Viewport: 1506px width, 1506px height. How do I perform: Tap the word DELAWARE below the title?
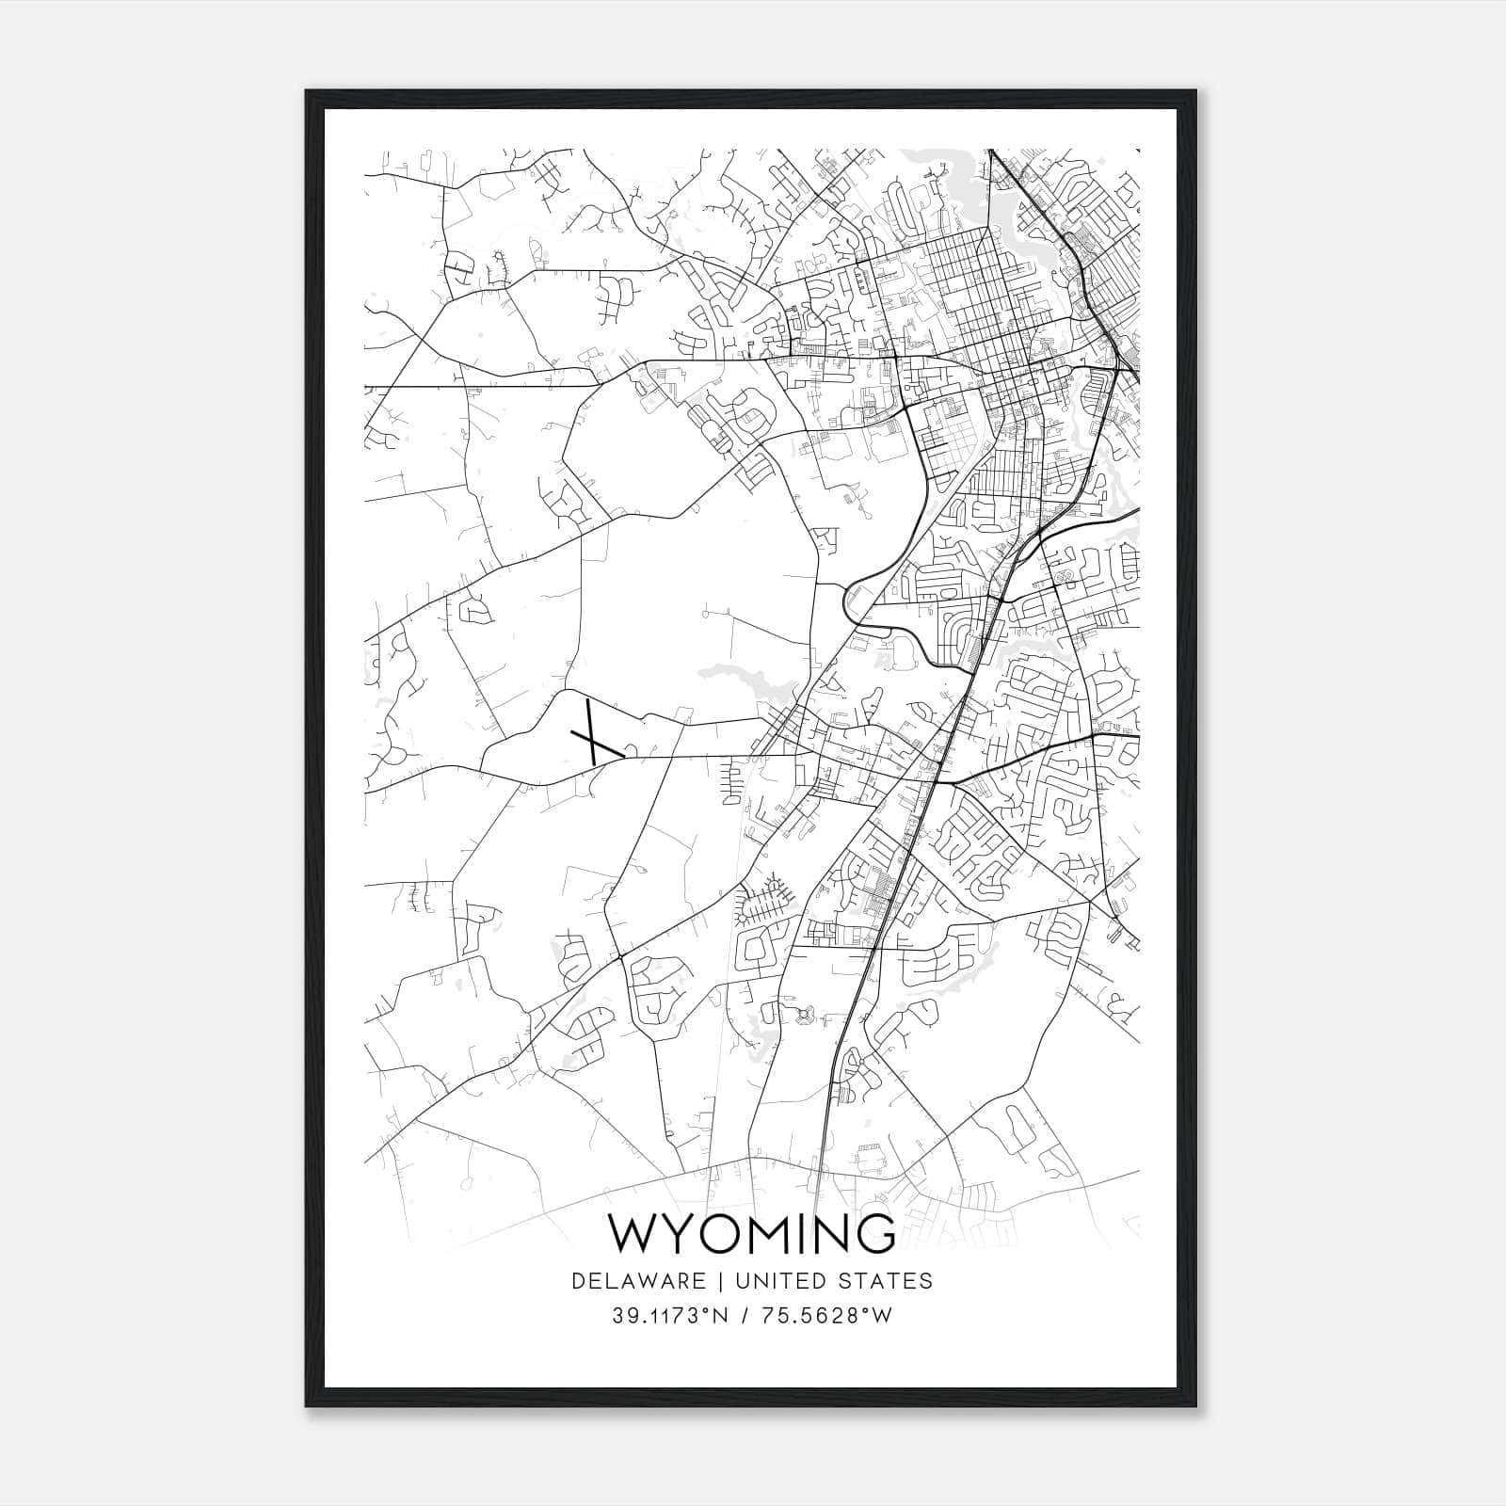click(637, 1281)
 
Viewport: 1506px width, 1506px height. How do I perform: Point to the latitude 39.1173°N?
click(670, 1316)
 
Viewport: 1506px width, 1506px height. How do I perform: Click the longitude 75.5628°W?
click(825, 1316)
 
